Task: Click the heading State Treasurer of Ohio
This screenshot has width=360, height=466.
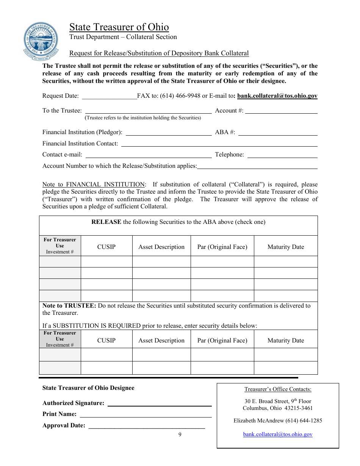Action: click(x=119, y=27)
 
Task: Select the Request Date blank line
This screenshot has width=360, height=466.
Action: click(x=109, y=96)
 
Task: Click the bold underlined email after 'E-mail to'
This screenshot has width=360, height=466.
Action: click(x=277, y=96)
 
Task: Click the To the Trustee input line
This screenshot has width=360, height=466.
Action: click(x=148, y=111)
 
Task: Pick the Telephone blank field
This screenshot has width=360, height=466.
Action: click(x=282, y=155)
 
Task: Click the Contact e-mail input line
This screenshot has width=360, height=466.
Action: click(x=148, y=155)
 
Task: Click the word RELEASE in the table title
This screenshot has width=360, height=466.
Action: click(x=106, y=222)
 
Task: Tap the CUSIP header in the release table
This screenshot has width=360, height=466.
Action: click(x=106, y=247)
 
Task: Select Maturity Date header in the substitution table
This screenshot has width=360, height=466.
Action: click(x=286, y=341)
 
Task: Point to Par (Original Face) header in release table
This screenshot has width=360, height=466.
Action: click(x=222, y=247)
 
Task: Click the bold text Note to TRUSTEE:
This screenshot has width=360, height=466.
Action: click(x=69, y=306)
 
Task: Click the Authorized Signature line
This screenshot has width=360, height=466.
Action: click(x=160, y=403)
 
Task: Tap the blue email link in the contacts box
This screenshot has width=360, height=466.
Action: click(x=278, y=435)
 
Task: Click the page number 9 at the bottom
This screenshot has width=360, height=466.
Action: click(x=180, y=435)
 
